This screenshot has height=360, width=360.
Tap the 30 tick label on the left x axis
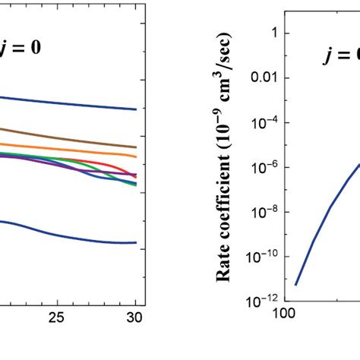click(135, 317)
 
